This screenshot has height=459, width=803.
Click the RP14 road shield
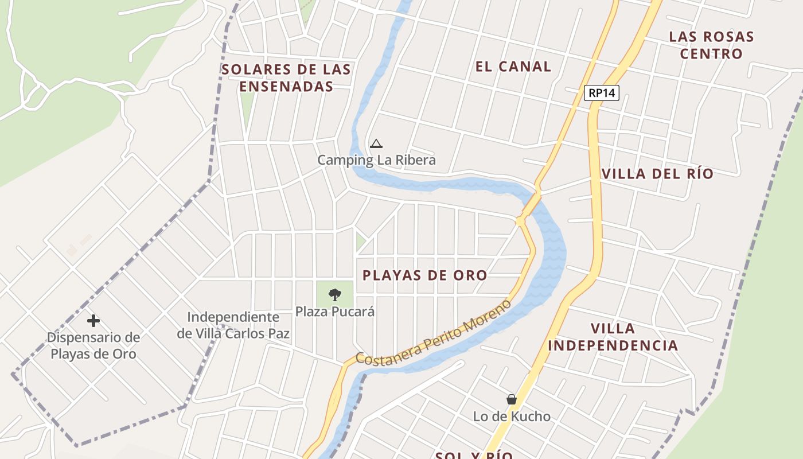[x=602, y=93]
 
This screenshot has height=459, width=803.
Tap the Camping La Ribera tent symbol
[x=376, y=143]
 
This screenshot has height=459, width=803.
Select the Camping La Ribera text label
[x=376, y=160]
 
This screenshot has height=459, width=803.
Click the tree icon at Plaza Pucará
[x=334, y=295]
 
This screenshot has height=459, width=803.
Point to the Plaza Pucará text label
[x=334, y=312]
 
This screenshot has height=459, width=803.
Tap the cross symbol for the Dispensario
[x=93, y=320]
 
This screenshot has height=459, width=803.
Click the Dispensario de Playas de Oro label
[x=93, y=345]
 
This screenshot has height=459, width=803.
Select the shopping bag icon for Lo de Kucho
[x=511, y=399]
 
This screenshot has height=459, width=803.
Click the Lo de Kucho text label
[x=511, y=417]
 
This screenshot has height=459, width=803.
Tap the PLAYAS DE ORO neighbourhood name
[x=424, y=275]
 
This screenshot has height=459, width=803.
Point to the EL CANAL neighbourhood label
[x=513, y=67]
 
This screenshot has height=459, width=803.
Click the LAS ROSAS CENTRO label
[x=711, y=45]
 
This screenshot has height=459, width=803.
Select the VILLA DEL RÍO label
[x=657, y=174]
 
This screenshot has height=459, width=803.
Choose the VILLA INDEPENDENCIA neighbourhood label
[x=613, y=337]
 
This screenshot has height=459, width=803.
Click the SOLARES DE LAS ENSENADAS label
[x=286, y=78]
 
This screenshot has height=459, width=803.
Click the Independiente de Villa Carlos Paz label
[x=233, y=325]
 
